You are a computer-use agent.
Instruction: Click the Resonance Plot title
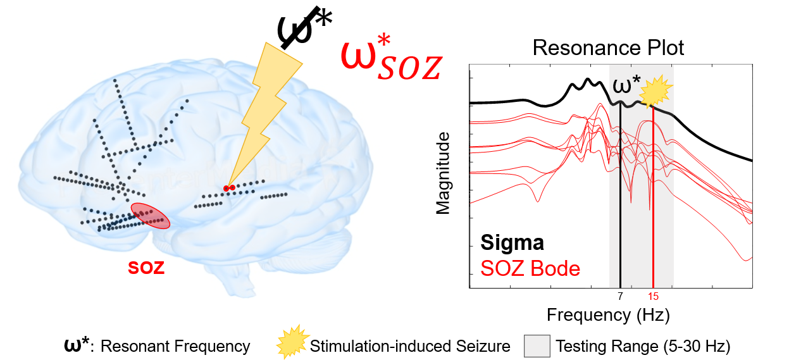pos(608,48)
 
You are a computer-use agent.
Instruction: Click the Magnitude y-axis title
pos(443,173)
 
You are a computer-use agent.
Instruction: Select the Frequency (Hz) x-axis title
pos(608,314)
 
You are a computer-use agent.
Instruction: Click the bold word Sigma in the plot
pos(513,242)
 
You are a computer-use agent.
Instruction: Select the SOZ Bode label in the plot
pos(530,268)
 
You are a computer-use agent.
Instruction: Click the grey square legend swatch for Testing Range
pos(537,345)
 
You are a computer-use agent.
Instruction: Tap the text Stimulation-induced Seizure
pos(410,346)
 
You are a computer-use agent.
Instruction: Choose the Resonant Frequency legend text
pos(175,346)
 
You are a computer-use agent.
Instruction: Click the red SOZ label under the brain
pos(146,268)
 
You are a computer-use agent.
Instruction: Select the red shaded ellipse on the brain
pos(151,216)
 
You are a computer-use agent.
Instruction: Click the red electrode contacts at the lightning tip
pos(229,188)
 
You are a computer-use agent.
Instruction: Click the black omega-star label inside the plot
pos(626,86)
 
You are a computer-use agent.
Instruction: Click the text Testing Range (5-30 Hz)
pos(643,346)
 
